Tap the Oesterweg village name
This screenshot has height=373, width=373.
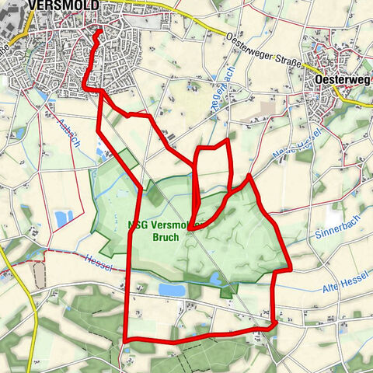click(x=343, y=79)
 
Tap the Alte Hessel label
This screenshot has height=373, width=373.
click(x=345, y=286)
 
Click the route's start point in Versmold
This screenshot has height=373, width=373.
click(x=98, y=32)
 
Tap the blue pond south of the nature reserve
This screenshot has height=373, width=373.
click(x=173, y=289)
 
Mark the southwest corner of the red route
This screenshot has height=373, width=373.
click(x=125, y=340)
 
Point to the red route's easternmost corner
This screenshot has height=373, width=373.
click(x=290, y=269)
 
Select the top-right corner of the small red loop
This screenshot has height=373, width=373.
click(x=228, y=141)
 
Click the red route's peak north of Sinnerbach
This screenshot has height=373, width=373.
click(x=249, y=176)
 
